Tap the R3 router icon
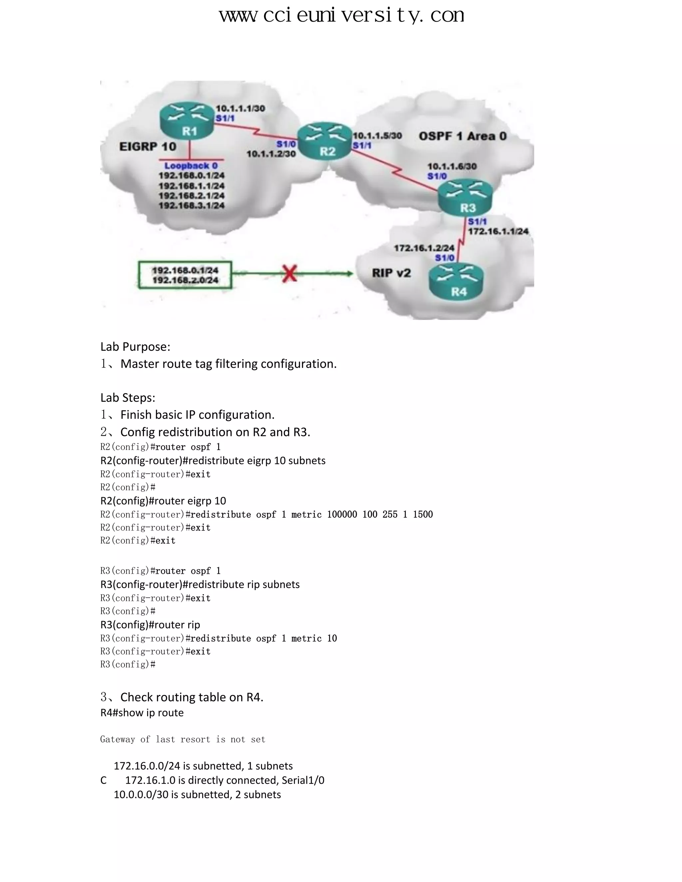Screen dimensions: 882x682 pyautogui.click(x=466, y=197)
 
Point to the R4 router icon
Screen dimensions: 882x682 pyautogui.click(x=457, y=282)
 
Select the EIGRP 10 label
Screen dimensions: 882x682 pyautogui.click(x=148, y=146)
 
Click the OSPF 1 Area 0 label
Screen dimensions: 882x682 pyautogui.click(x=462, y=136)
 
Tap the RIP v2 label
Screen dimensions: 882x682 pyautogui.click(x=391, y=273)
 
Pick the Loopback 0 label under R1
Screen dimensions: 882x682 pyautogui.click(x=191, y=165)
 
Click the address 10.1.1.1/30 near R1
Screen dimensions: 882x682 pyautogui.click(x=240, y=108)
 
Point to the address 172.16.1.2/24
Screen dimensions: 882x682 pyautogui.click(x=424, y=248)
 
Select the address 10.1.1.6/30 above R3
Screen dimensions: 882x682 pyautogui.click(x=452, y=166)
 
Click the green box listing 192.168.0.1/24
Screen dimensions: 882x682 pyautogui.click(x=185, y=275)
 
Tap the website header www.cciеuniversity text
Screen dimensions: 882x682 pyautogui.click(x=341, y=15)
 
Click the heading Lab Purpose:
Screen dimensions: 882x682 pyautogui.click(x=135, y=346)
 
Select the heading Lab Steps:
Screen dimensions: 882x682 pyautogui.click(x=128, y=397)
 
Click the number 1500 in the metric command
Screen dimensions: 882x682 pyautogui.click(x=423, y=514)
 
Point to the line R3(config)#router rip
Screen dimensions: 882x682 pyautogui.click(x=150, y=624)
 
